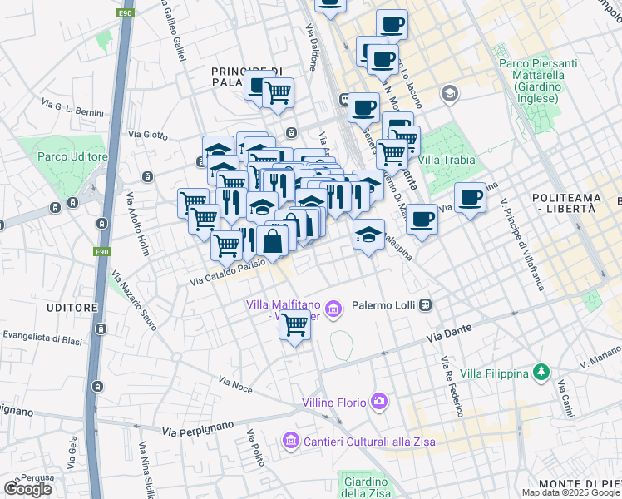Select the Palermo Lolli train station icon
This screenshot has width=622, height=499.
426,304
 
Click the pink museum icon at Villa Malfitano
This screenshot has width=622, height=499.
334,310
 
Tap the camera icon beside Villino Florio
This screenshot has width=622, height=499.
380,403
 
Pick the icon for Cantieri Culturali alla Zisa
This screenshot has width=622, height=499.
290,440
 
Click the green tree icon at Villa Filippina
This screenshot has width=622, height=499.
541,371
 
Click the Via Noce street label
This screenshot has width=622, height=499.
235,384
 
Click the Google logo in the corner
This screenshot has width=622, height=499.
28,489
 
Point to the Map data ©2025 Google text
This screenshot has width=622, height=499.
570,492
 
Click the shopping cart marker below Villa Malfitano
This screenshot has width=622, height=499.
294,325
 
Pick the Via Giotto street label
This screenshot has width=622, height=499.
148,133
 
